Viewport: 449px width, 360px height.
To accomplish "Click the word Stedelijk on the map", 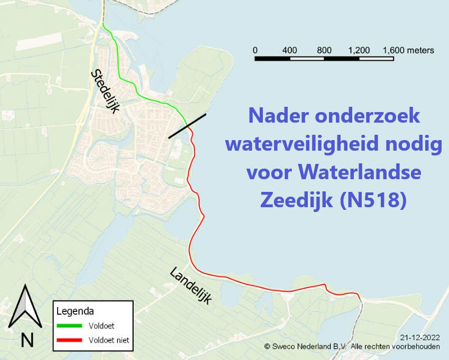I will point(106,91).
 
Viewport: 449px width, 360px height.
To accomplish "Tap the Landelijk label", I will point(190,286).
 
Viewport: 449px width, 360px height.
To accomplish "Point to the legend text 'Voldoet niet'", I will point(109,340).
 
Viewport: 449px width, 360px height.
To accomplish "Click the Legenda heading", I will point(75,311).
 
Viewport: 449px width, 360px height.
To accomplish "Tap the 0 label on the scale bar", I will point(255,50).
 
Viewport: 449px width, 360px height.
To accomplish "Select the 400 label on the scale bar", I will point(289,50).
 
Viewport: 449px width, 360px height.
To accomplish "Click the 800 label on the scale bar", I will point(324,50).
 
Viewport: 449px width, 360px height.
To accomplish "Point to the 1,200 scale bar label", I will point(359,50).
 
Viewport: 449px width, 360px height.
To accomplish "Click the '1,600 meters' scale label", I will point(408,50).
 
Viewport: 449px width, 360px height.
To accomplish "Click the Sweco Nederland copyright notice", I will point(352,346).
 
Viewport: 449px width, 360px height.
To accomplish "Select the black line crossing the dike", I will point(187,126).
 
